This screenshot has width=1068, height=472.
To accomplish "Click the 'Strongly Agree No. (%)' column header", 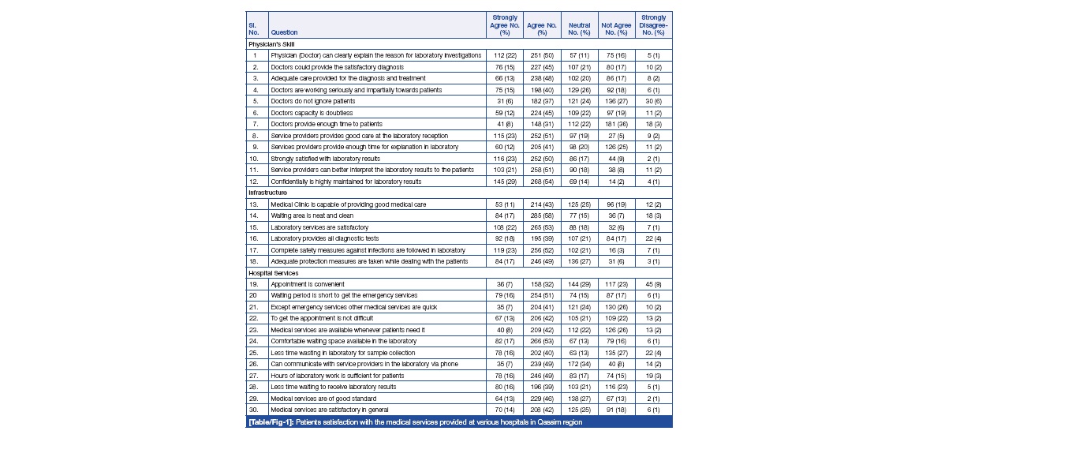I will [x=504, y=24].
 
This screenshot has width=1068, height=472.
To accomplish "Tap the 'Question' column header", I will [x=284, y=32].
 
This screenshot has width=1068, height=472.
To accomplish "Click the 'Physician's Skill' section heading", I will [x=271, y=44].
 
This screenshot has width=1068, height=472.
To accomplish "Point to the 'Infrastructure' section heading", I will [x=267, y=193].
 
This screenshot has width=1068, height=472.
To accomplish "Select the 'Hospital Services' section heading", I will [x=271, y=272].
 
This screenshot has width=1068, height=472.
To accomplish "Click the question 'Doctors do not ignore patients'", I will [x=313, y=101].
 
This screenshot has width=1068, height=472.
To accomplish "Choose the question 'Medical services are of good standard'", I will [x=323, y=399].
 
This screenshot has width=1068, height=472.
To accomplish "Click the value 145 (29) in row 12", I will [x=504, y=182].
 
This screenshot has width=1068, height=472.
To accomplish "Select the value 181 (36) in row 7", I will [x=615, y=124].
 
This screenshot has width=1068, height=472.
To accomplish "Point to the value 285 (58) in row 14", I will [x=542, y=215].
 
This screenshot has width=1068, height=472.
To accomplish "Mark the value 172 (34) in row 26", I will [x=579, y=364].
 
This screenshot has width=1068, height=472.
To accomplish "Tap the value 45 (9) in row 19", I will [x=653, y=283].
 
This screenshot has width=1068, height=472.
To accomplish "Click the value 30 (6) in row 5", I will [x=653, y=101].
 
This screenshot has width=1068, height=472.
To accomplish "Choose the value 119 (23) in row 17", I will [x=504, y=249].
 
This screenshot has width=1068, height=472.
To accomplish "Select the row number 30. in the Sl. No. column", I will [x=255, y=410].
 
